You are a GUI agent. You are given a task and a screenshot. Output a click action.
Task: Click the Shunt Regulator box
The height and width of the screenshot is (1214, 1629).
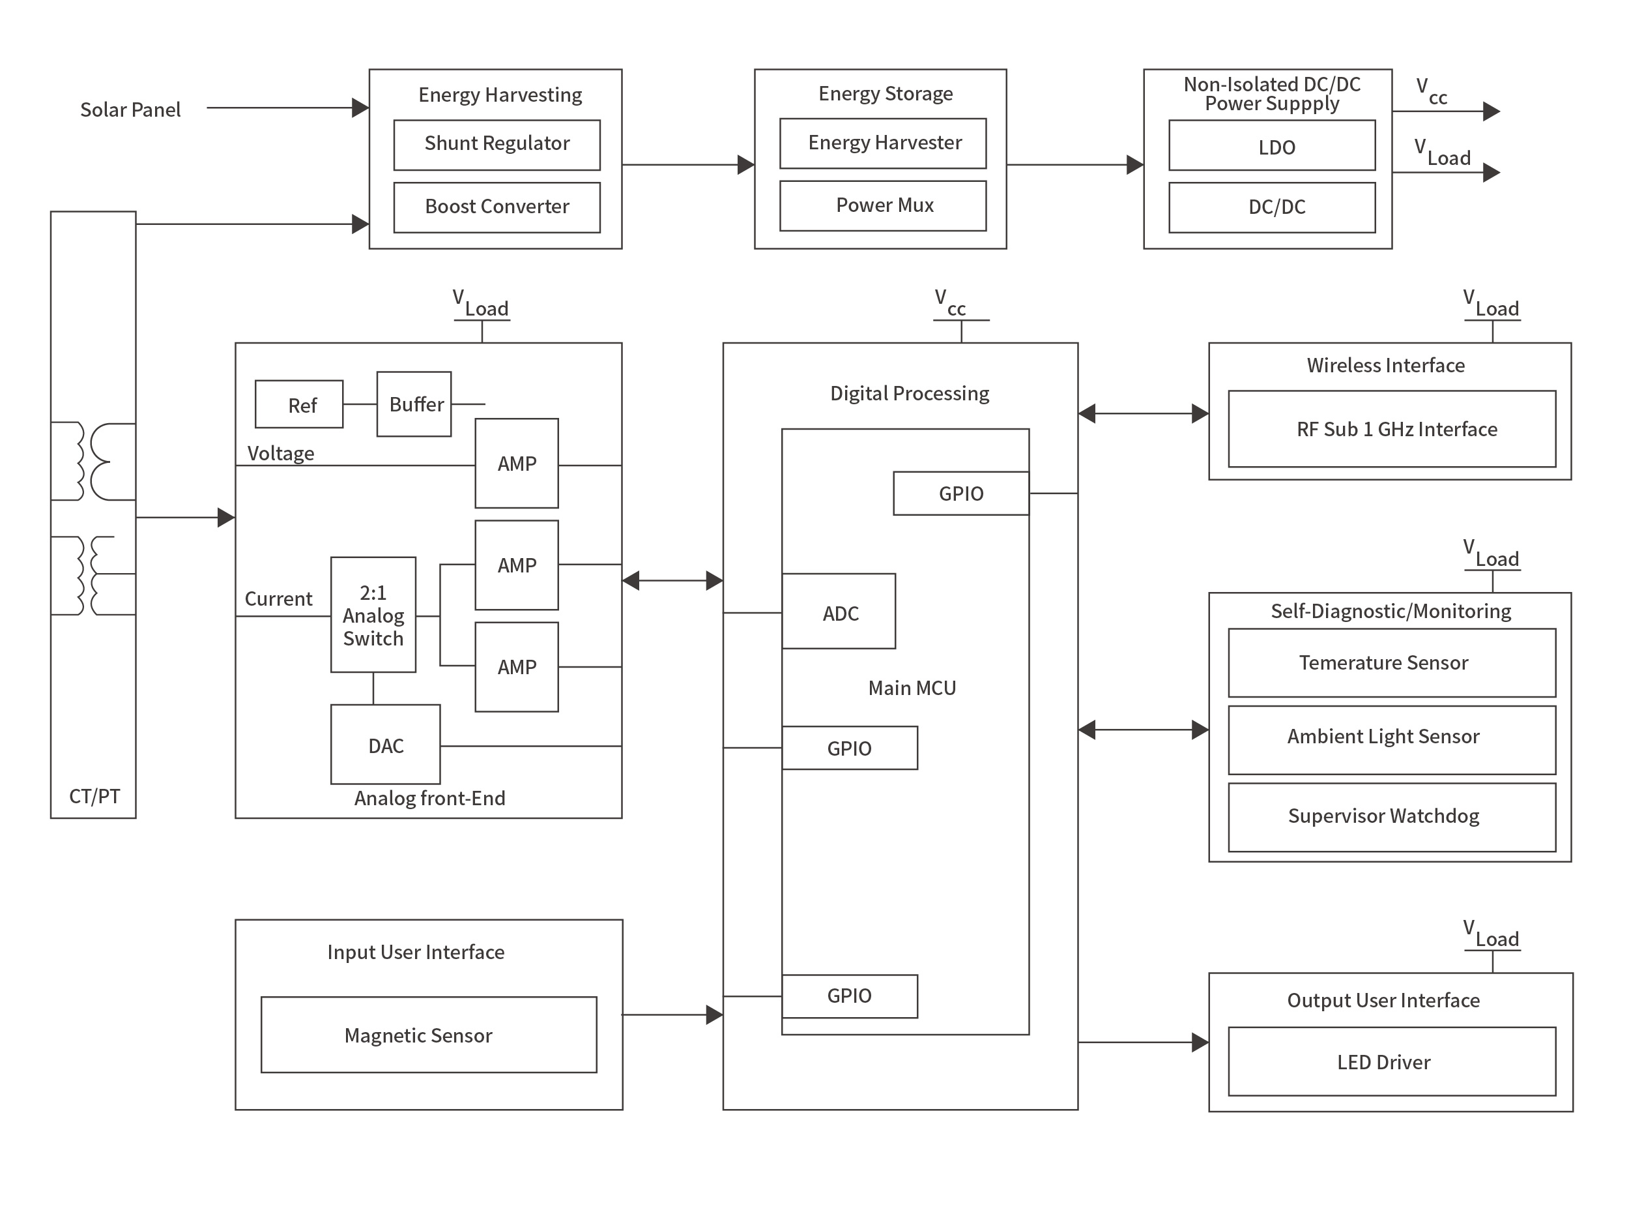coord(497,145)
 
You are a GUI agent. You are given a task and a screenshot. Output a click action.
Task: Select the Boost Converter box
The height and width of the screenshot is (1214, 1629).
coord(497,207)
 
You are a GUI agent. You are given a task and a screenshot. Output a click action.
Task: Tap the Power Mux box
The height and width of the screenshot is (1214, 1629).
coord(882,206)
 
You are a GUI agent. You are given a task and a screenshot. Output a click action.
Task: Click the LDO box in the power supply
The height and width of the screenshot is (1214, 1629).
coord(1271,145)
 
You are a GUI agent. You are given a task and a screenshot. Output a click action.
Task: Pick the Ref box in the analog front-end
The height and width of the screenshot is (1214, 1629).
coord(298,404)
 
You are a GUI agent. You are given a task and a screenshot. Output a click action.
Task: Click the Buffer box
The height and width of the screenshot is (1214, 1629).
coord(414,404)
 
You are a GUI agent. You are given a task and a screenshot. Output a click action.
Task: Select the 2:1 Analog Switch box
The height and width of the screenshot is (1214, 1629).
coord(373,614)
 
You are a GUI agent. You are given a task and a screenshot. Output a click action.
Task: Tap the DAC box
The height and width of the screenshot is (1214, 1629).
coord(385,745)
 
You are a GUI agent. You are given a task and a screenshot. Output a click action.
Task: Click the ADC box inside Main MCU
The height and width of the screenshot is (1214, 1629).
coord(838,612)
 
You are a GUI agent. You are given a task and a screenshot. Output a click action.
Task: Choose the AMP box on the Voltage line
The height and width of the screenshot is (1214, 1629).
coord(516,463)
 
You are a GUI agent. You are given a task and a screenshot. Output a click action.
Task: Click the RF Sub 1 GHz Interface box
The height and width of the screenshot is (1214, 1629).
coord(1391,429)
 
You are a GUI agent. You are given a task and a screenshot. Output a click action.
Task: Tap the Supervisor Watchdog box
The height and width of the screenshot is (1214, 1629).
coord(1391,817)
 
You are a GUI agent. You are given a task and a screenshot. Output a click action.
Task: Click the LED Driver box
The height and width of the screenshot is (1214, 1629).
coord(1391,1061)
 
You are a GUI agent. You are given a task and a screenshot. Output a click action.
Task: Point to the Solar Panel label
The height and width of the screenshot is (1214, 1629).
coord(130,110)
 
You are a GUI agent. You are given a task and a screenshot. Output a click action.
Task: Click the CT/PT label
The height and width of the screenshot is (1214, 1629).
coord(94,796)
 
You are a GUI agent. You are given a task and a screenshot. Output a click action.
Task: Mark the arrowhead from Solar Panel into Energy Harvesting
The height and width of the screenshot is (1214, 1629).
coord(360,108)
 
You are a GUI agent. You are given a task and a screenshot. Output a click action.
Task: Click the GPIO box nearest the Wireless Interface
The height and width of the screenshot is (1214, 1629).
coord(960,493)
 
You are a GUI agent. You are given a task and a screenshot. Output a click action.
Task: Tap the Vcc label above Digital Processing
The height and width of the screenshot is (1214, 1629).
coord(949,302)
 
